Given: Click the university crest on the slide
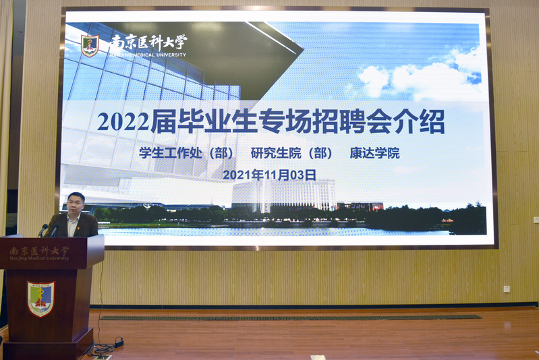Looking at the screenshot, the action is (x=90, y=45).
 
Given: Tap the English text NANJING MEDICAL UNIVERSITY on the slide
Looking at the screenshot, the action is (x=148, y=55).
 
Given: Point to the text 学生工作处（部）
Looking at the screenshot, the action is (x=186, y=153).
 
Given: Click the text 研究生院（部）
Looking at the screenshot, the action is (x=291, y=153).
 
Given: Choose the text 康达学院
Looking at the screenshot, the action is (x=374, y=153).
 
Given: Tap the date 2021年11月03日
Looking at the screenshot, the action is (x=270, y=175).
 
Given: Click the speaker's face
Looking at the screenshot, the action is (x=75, y=204).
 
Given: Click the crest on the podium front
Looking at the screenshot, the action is (x=41, y=299).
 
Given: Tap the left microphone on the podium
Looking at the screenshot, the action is (x=42, y=230).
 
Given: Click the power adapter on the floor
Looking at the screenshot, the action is (x=119, y=342).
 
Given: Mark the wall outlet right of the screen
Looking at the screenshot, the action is (x=507, y=289).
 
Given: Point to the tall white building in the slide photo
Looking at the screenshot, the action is (x=284, y=195).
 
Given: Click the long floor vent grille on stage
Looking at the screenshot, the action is (x=291, y=318).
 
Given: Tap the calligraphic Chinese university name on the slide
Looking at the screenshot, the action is (x=148, y=42).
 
